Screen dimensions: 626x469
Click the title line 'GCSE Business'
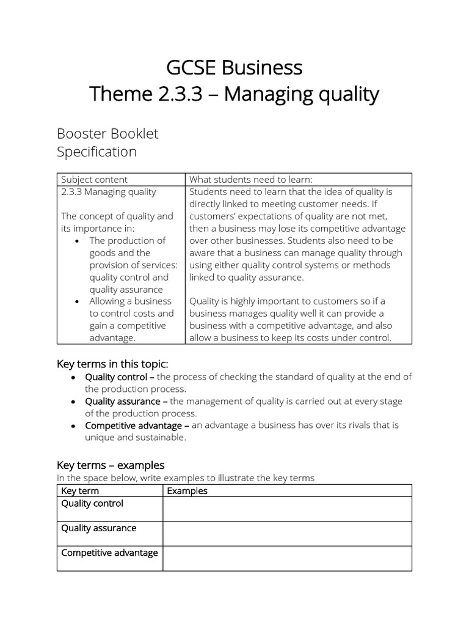point(234,67)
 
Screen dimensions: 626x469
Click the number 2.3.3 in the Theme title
point(177,94)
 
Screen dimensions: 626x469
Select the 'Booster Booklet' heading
point(107,133)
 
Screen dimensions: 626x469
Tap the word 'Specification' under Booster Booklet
point(96,152)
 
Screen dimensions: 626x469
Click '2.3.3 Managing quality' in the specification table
point(109,191)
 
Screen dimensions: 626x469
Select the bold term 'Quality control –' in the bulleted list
point(120,377)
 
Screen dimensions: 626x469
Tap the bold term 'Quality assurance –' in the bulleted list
point(126,401)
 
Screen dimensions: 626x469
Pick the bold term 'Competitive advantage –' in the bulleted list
point(137,425)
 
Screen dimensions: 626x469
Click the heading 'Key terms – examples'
point(111,465)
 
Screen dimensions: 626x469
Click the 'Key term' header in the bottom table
point(80,491)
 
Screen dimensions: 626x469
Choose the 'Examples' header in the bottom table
point(187,491)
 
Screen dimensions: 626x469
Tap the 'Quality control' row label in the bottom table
point(92,504)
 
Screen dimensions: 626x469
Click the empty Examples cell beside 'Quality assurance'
point(287,533)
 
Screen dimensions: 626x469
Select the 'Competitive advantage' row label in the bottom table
point(109,553)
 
